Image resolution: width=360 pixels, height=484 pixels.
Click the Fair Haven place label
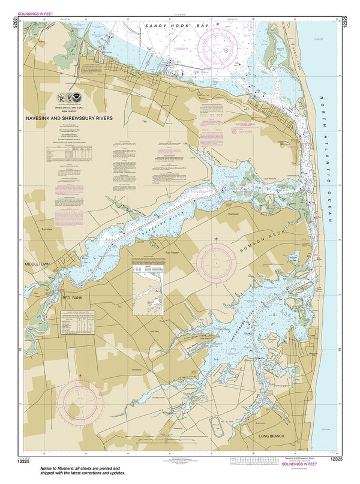pyautogui.click(x=174, y=253)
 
